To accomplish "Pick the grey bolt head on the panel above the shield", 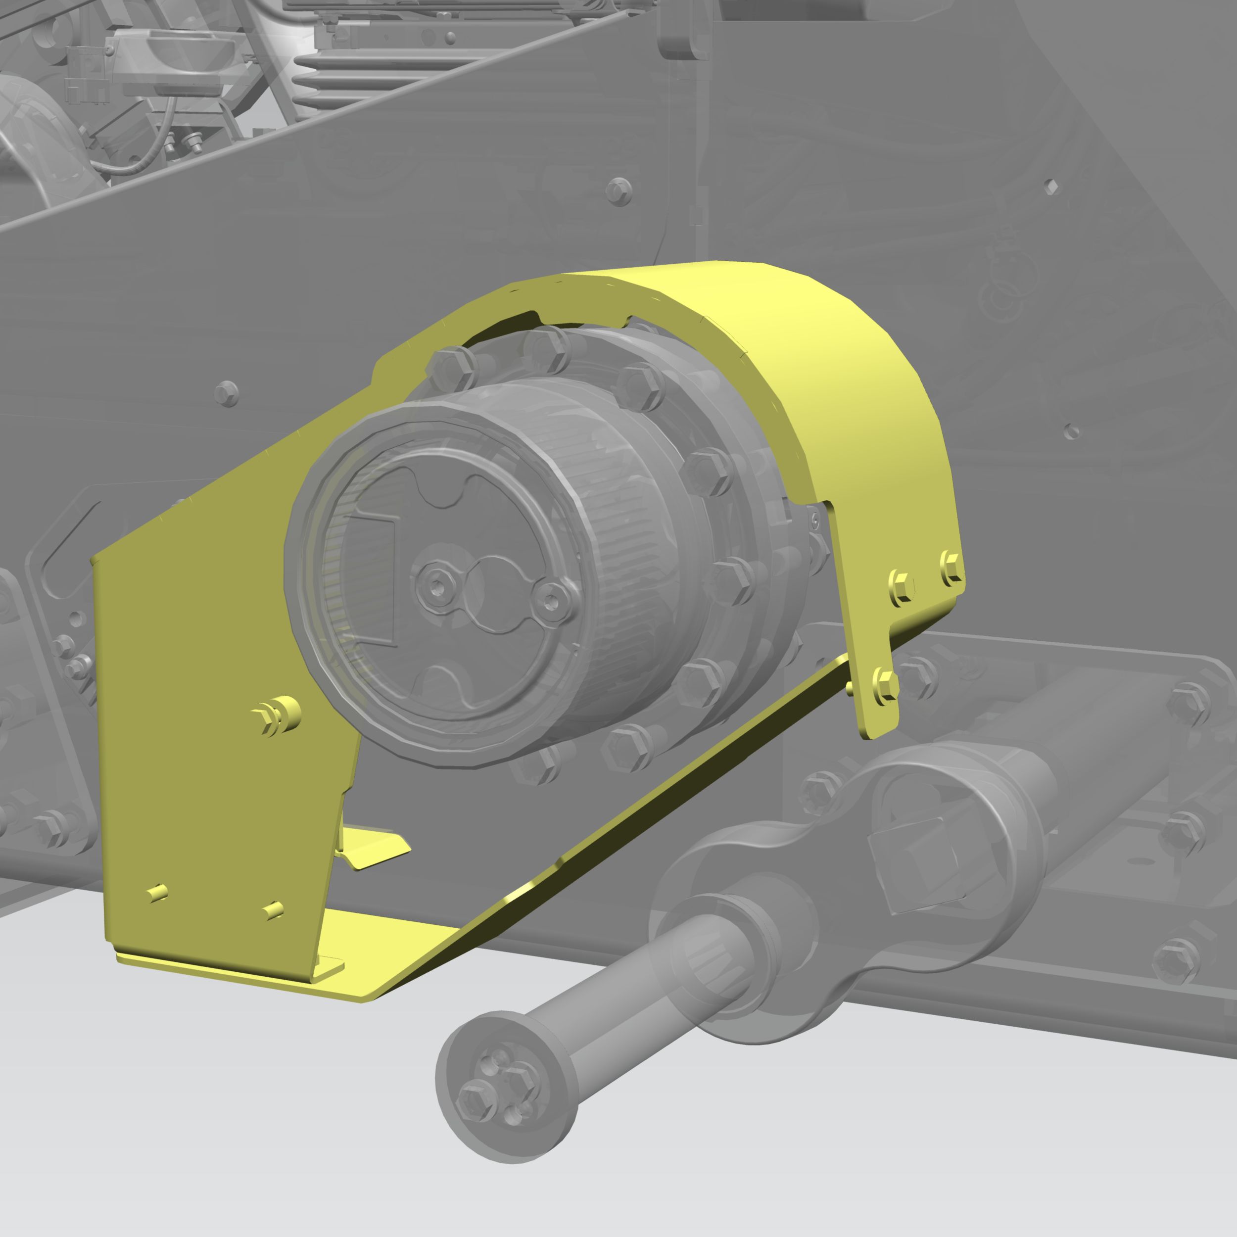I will pos(618,190).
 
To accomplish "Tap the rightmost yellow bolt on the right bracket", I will pos(952,567).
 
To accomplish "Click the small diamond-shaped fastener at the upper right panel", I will pos(1050,187).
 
